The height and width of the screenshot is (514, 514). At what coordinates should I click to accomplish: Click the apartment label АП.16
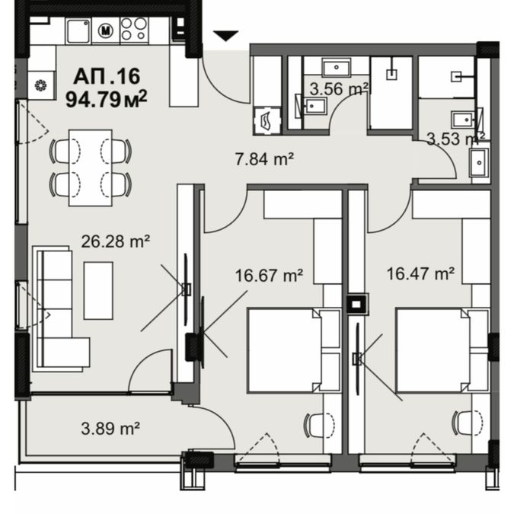tap(107, 76)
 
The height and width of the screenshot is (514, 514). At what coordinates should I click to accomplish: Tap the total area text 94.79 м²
tap(106, 99)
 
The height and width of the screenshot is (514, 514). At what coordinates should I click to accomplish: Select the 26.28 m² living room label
tap(116, 241)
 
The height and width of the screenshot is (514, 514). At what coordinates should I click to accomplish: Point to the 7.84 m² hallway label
tap(264, 159)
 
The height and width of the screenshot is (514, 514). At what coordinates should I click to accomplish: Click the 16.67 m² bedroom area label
tap(269, 276)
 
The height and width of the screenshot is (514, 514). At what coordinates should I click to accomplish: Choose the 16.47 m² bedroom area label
tap(420, 273)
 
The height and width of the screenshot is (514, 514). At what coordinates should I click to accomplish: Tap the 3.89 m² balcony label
tap(110, 428)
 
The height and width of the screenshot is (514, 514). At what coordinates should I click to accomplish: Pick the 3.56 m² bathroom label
tap(339, 89)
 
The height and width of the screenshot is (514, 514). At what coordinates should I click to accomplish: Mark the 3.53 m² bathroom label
tap(456, 139)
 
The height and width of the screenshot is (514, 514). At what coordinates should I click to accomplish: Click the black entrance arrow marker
tap(225, 35)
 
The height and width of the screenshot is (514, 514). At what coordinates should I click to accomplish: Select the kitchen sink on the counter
tap(78, 30)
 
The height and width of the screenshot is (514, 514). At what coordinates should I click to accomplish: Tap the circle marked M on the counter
tap(106, 30)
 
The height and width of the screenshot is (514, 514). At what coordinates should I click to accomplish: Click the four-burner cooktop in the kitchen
tap(134, 30)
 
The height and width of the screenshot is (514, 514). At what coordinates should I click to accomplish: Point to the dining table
tap(91, 168)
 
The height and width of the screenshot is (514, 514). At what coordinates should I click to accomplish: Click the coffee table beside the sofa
tap(98, 290)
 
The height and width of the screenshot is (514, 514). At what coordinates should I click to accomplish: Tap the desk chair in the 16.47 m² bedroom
tap(467, 424)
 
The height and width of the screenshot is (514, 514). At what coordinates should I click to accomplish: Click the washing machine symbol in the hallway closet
tap(267, 120)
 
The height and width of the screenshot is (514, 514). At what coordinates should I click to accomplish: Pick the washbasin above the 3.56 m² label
tap(337, 67)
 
